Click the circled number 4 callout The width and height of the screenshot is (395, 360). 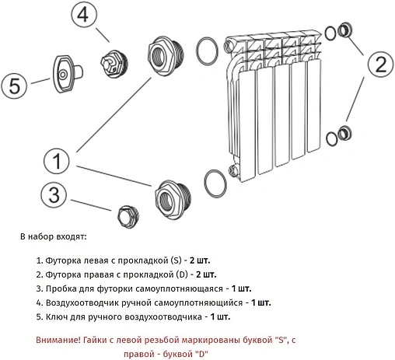click(83, 15)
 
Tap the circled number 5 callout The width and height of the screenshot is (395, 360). click(14, 85)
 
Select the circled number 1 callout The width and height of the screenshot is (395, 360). click(57, 161)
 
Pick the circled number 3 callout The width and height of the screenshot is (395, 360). click(54, 194)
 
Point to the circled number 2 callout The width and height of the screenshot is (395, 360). click(381, 64)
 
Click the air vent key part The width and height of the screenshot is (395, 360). click(68, 74)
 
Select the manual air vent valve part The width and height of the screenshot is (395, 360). click(114, 63)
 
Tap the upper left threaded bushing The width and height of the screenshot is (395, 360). click(166, 56)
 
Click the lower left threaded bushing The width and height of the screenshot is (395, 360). click(173, 200)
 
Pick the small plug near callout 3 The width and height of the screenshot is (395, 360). click(128, 217)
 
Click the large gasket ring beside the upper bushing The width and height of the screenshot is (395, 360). click(207, 51)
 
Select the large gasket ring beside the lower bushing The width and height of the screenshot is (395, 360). click(215, 183)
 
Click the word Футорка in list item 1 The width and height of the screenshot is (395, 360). click(63, 260)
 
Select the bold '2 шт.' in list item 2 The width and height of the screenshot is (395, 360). click(206, 274)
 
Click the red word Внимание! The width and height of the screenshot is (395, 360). click(58, 340)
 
